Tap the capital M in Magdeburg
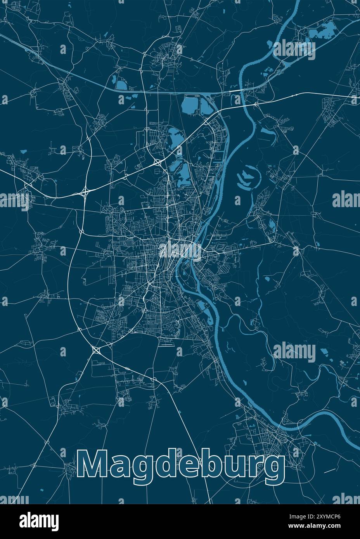93,464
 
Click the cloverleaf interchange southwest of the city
96,351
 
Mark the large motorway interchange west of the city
86,192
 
